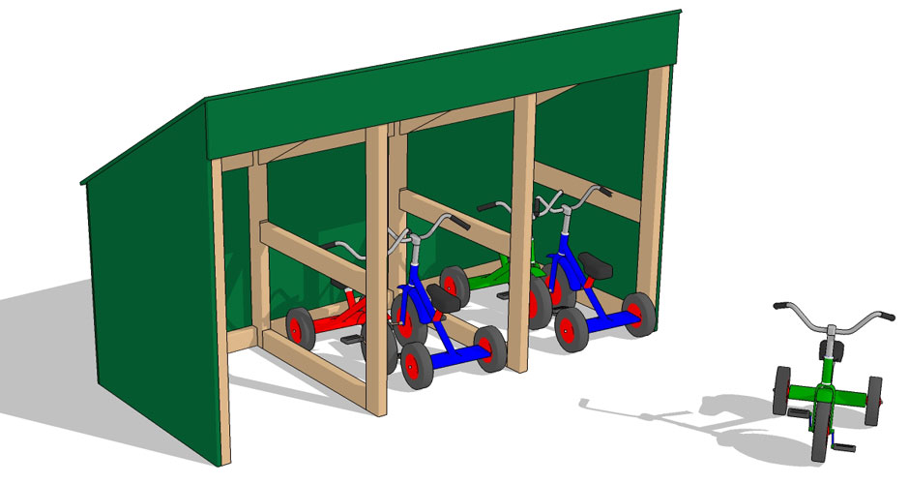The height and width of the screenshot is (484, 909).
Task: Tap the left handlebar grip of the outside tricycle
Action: click(x=781, y=306)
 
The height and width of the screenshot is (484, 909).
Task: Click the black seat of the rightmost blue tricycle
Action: click(x=595, y=269)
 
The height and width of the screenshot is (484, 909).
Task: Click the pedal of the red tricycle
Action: click(x=350, y=341)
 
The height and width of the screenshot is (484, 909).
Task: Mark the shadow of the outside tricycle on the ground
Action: click(x=677, y=416)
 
